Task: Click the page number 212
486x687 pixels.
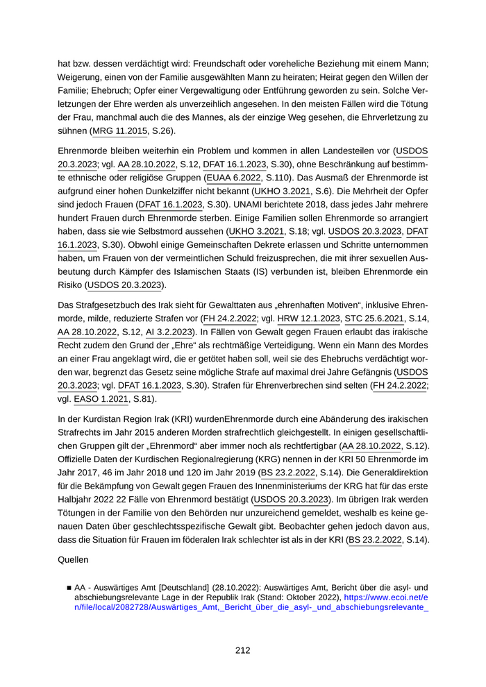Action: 242,650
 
